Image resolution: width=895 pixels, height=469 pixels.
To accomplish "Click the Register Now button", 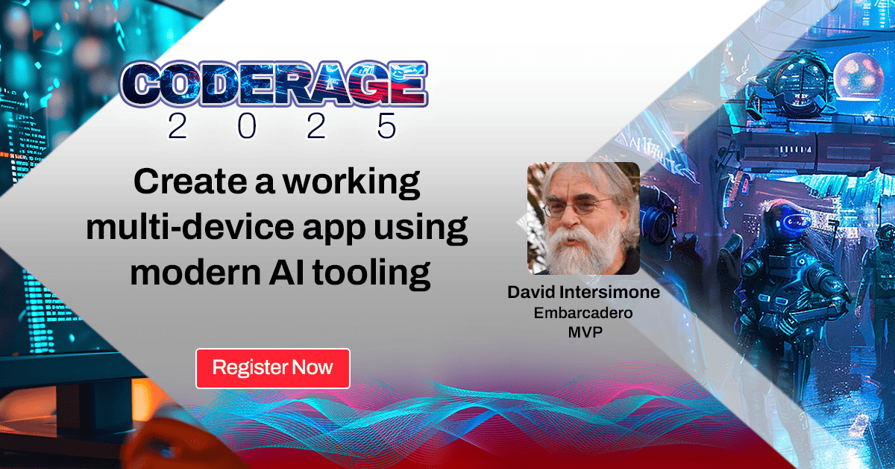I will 272,367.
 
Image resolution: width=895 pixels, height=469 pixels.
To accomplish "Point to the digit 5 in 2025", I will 386,127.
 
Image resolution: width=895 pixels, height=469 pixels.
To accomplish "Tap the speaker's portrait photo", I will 583,219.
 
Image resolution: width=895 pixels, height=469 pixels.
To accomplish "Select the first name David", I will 531,292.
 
